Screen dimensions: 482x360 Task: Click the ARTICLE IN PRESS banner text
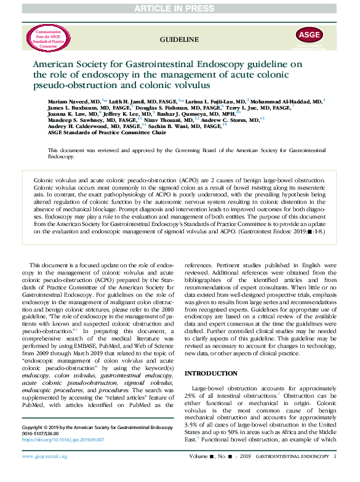pyautogui.click(x=179, y=7)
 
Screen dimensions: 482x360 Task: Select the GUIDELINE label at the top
pyautogui.click(x=180, y=39)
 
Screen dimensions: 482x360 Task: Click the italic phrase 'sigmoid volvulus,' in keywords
pyautogui.click(x=140, y=384)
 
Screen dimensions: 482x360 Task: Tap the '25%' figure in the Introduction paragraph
pyautogui.click(x=192, y=395)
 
